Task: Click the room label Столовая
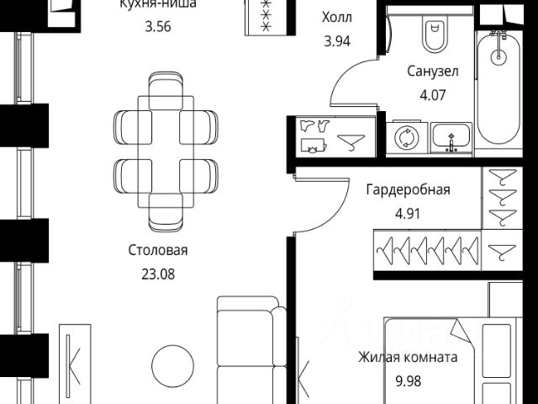158,250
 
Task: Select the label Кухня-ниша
158,4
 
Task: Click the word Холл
337,17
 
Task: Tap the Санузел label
433,72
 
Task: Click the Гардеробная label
408,189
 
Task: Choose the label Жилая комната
408,357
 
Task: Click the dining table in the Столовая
166,152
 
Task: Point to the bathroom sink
453,137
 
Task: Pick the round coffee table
178,368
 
